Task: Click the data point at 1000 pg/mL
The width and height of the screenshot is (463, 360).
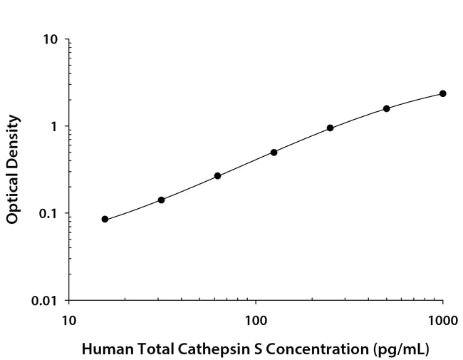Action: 443,93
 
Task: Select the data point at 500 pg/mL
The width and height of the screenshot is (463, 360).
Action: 387,108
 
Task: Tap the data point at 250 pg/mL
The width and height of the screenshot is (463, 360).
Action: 330,128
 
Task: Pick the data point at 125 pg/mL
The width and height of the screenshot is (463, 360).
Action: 274,152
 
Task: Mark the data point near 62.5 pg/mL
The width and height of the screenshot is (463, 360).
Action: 217,175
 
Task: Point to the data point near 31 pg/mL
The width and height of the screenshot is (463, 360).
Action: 161,200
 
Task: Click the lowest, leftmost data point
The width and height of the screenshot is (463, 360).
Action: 105,219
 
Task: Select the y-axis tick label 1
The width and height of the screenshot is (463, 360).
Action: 55,126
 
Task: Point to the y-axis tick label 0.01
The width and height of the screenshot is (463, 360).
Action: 45,301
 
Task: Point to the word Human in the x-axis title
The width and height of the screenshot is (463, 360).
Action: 103,350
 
